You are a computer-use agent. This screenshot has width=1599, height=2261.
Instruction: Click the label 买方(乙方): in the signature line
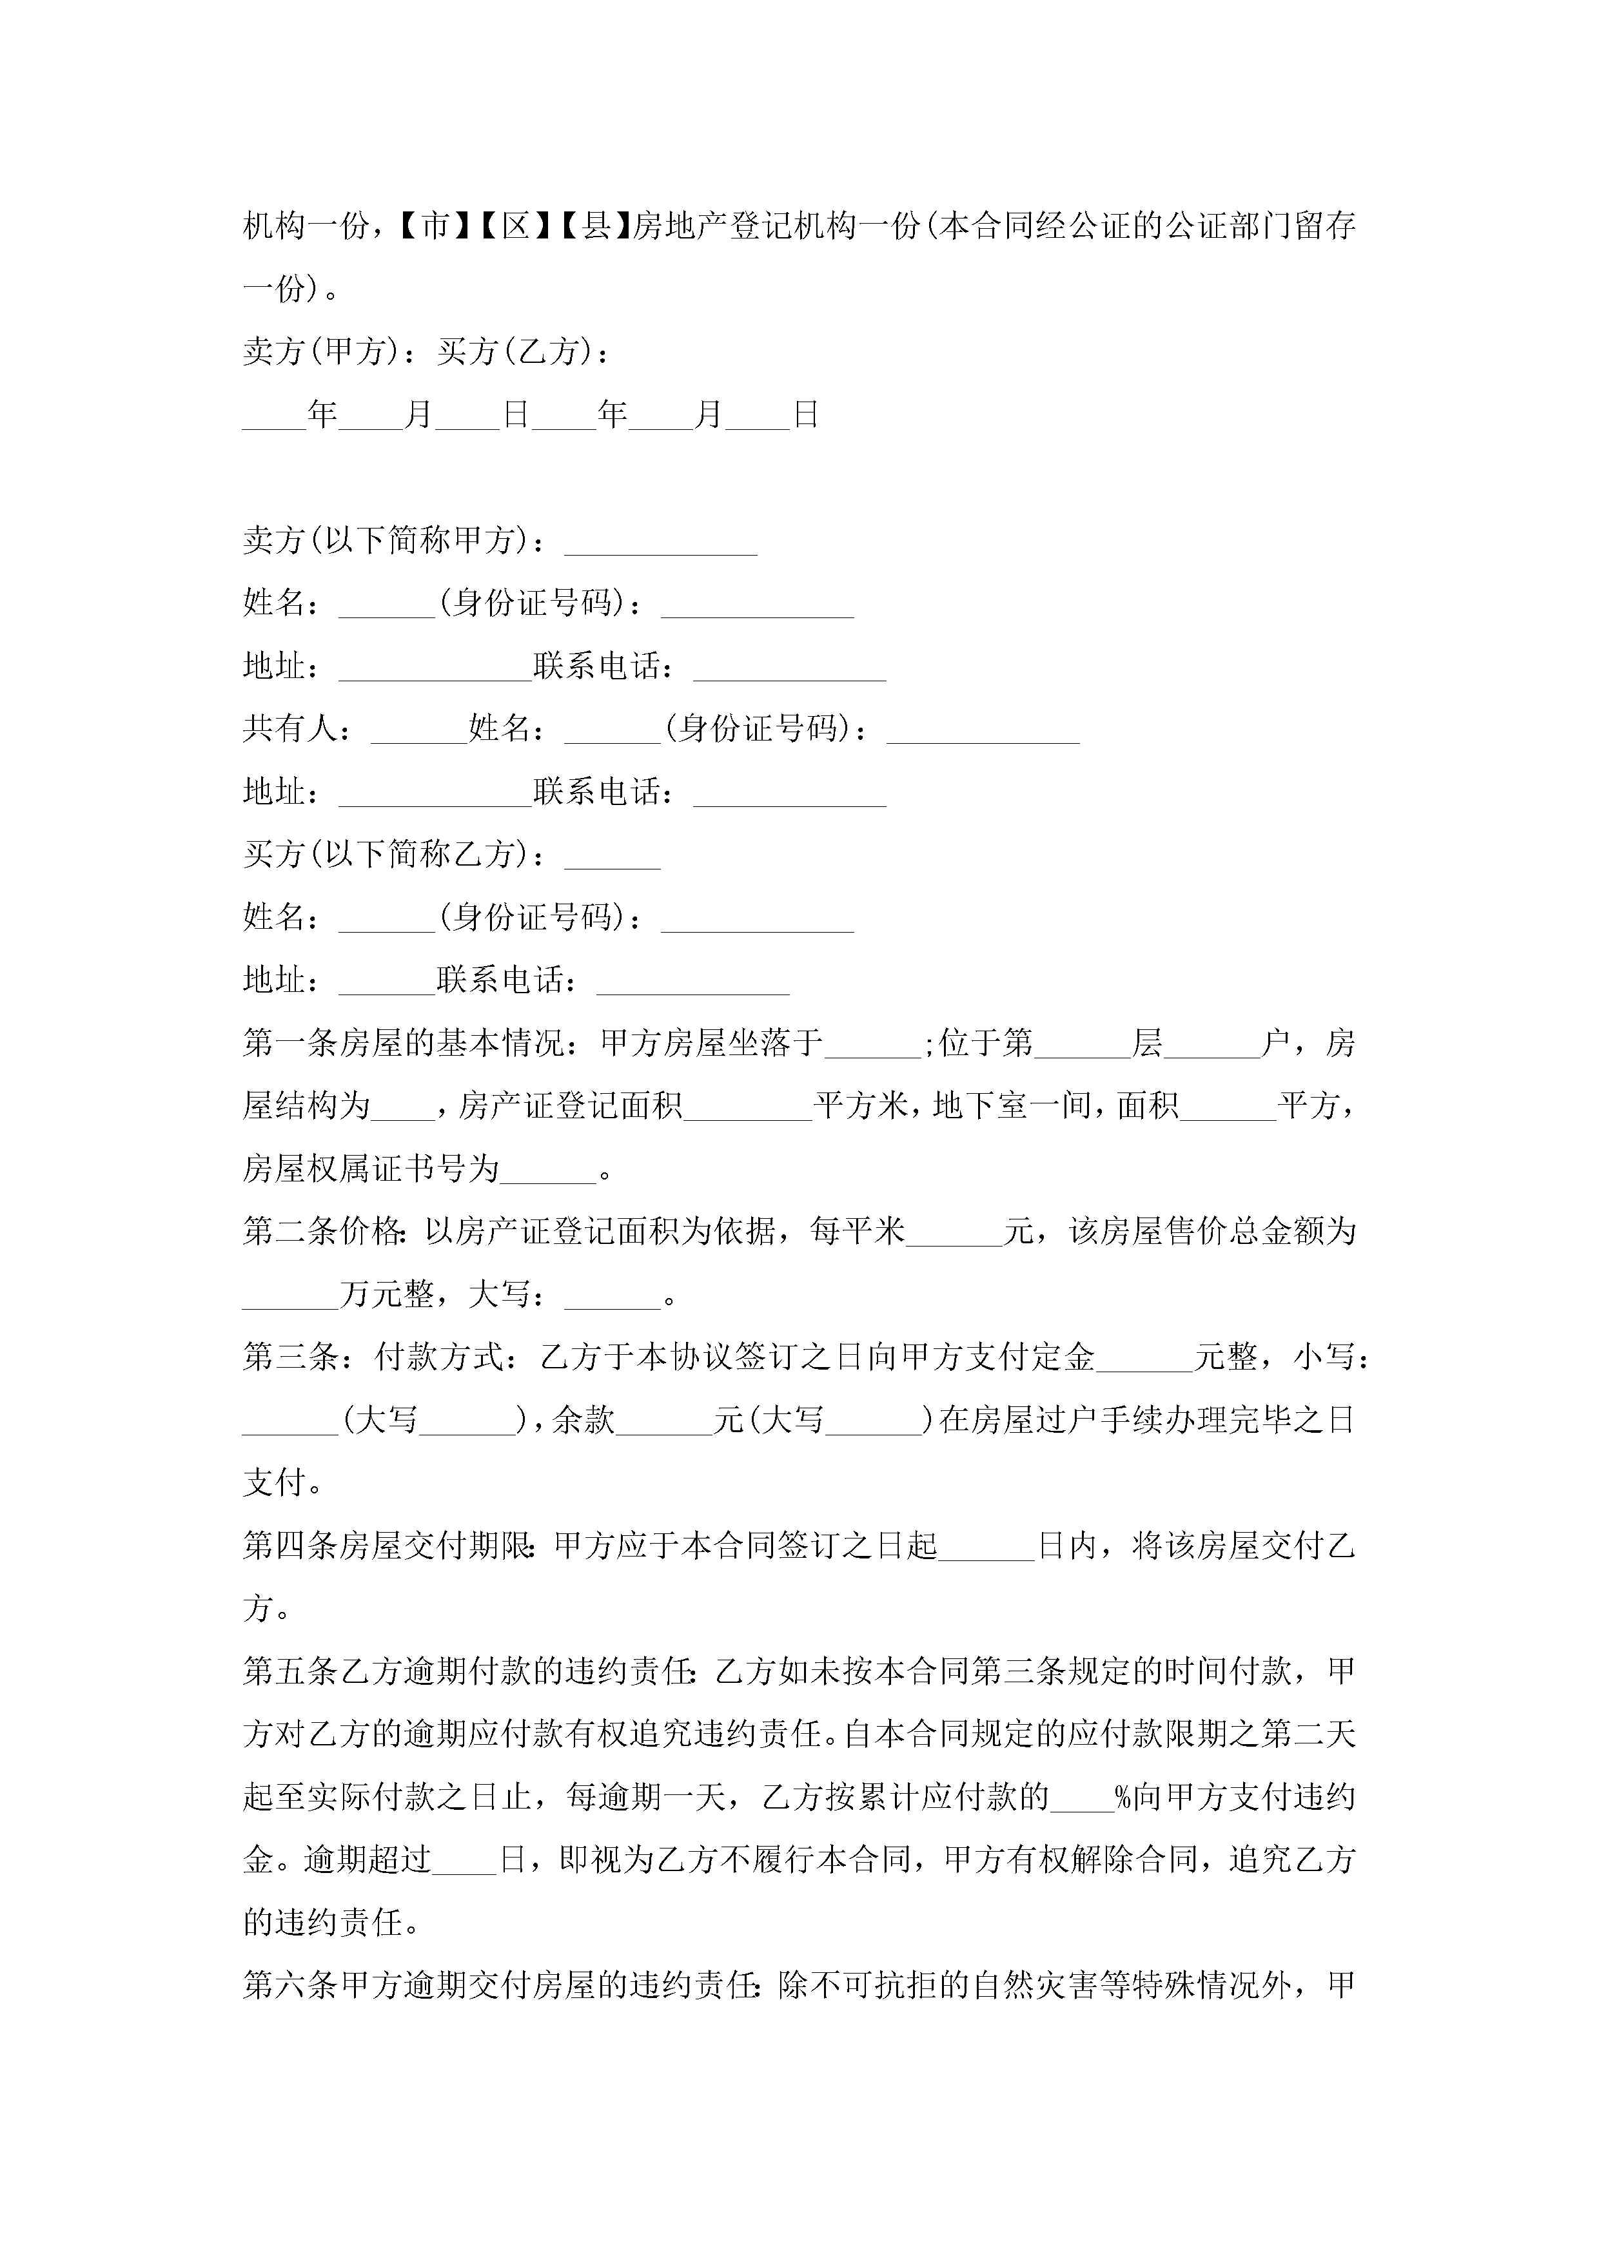(523, 351)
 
